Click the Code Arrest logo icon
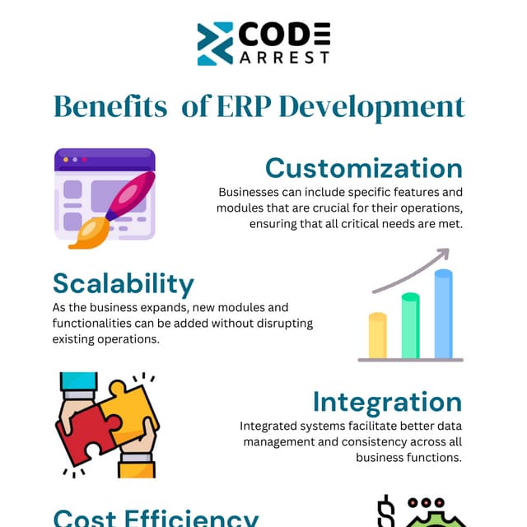coord(216,44)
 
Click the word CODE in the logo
coord(284,35)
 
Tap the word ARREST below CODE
coord(284,57)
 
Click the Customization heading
coord(363,168)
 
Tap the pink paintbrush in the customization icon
coord(124,203)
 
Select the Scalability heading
coord(124,283)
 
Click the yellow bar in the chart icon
coord(377,335)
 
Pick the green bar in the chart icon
coord(410,325)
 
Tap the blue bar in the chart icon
coord(443,314)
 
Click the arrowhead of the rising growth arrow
coord(443,254)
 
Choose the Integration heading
coord(387,402)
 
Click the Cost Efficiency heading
coord(156,517)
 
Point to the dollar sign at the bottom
coord(385,512)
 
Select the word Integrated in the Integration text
coord(271,427)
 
